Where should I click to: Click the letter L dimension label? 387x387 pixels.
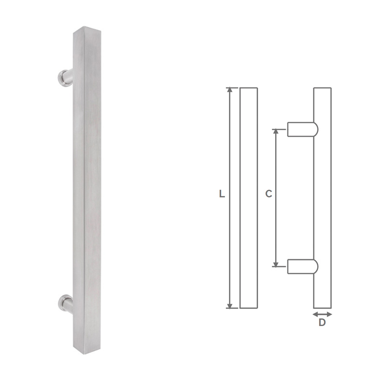pos(222,194)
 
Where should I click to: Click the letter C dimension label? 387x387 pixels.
pos(269,194)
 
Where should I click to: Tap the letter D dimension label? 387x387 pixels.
pos(322,323)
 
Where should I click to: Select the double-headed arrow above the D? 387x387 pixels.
pos(323,314)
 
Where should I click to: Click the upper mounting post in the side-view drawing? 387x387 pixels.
pos(302,129)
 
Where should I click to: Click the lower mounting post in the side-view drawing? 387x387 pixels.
pos(302,267)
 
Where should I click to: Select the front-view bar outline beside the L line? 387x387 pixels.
pos(249,198)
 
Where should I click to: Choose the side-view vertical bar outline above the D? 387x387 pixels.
pos(323,198)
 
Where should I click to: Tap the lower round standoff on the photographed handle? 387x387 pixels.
pos(64,302)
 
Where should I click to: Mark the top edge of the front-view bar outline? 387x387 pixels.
pos(249,88)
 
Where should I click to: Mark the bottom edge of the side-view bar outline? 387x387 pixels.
pos(323,308)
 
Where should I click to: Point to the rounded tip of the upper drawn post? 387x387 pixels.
pos(316,129)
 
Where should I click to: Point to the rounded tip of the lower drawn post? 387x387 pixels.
pos(316,267)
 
